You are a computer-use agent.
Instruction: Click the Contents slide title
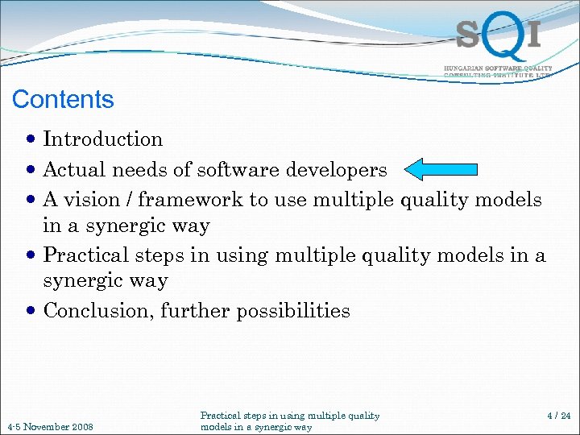[63, 100]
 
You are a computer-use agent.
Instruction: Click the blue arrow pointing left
[441, 169]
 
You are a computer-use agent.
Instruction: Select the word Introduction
[103, 139]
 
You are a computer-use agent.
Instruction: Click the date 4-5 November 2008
[50, 426]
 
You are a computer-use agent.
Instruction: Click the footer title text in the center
[289, 421]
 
